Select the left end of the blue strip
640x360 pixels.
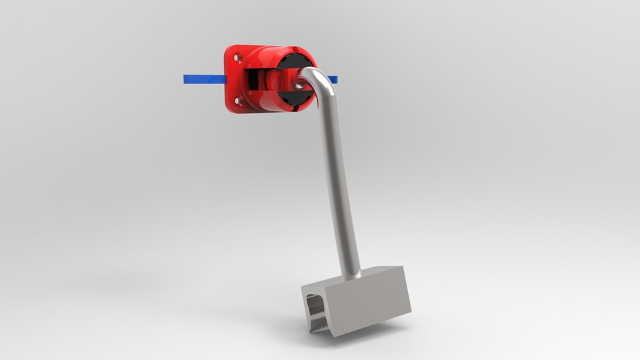point(186,79)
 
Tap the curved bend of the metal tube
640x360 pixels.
point(318,77)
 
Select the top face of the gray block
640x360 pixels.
point(360,275)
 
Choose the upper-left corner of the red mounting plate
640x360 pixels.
point(228,48)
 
